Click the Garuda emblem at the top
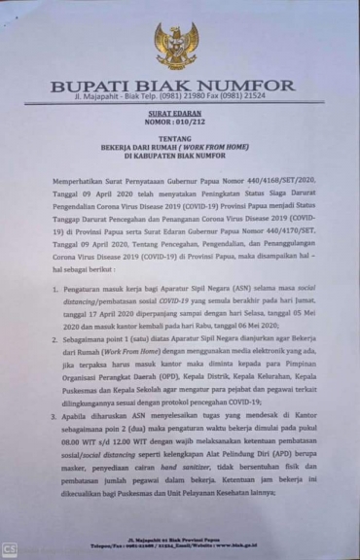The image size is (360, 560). [x=176, y=46]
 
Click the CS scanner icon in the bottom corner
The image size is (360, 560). [x=9, y=550]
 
